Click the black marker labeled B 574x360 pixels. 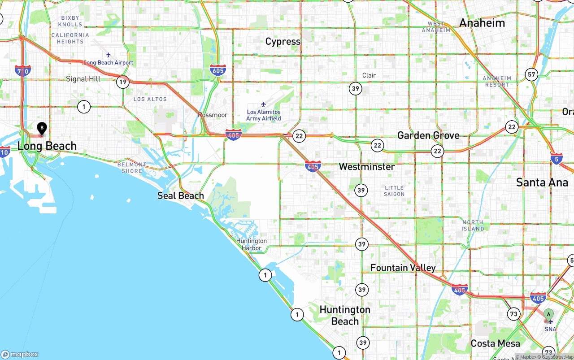click(x=42, y=129)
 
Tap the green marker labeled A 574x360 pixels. click(x=548, y=315)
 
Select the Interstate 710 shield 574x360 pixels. click(x=22, y=70)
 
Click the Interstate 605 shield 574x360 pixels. click(x=217, y=70)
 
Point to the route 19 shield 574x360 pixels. click(x=122, y=82)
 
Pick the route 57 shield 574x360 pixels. click(x=532, y=74)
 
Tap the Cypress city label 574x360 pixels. click(x=283, y=42)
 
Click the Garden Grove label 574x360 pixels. click(x=428, y=135)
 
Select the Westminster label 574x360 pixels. click(x=367, y=167)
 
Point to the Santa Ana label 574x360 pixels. click(x=542, y=182)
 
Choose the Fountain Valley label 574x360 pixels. click(x=403, y=268)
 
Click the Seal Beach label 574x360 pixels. click(x=181, y=195)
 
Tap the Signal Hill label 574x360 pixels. click(x=83, y=79)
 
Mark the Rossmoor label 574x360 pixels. click(x=213, y=115)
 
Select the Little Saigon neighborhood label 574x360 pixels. click(x=394, y=191)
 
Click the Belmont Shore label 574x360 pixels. click(x=132, y=168)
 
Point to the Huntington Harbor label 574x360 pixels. click(x=252, y=244)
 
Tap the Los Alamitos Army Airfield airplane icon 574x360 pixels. click(x=263, y=104)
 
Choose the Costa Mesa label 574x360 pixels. click(x=496, y=343)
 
